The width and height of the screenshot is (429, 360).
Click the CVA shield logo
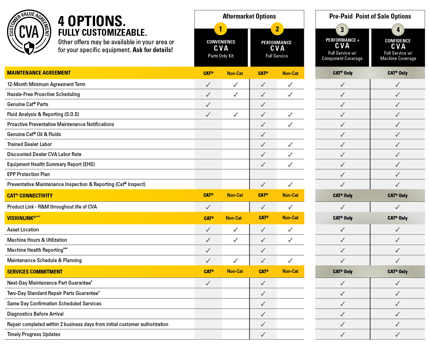pyautogui.click(x=29, y=32)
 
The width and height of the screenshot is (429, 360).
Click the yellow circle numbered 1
pyautogui.click(x=221, y=29)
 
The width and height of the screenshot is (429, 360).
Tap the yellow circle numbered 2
pyautogui.click(x=277, y=29)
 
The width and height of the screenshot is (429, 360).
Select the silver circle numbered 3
pyautogui.click(x=342, y=30)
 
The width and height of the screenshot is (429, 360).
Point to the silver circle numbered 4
pyautogui.click(x=398, y=30)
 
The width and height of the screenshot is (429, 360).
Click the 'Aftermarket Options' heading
pyautogui.click(x=249, y=16)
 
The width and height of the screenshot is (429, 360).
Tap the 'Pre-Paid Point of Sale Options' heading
pyautogui.click(x=370, y=16)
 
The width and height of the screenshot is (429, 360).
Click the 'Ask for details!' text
pyautogui.click(x=153, y=50)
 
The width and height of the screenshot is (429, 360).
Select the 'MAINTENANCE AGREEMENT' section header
pyautogui.click(x=39, y=73)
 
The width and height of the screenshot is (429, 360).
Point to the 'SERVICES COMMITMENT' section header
pyautogui.click(x=35, y=272)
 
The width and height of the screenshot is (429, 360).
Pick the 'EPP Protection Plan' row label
pyautogui.click(x=29, y=174)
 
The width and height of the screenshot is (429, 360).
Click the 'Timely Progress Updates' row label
pyautogui.click(x=34, y=334)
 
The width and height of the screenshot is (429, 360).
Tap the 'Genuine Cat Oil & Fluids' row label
pyautogui.click(x=34, y=134)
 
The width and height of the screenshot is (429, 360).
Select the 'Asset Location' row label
pyautogui.click(x=23, y=230)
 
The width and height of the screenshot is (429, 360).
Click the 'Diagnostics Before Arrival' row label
pyautogui.click(x=35, y=314)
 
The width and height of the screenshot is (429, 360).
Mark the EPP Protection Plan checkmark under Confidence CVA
pyautogui.click(x=398, y=175)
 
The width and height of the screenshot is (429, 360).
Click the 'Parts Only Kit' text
pyautogui.click(x=221, y=56)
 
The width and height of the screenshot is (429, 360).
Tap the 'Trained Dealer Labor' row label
pyautogui.click(x=30, y=144)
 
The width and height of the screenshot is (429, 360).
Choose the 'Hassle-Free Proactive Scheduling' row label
pyautogui.click(x=44, y=94)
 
